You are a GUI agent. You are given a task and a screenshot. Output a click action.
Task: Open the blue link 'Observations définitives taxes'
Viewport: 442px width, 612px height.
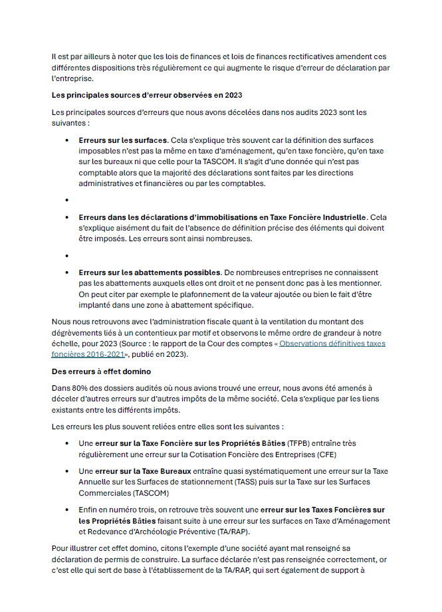tap(332, 344)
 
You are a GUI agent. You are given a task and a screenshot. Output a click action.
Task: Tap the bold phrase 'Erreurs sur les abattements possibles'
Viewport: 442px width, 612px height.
tap(150, 272)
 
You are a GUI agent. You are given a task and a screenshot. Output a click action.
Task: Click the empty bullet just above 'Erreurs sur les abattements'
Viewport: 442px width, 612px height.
tap(66, 255)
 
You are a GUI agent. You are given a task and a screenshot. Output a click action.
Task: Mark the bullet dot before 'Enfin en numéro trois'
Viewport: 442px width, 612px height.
tap(66, 510)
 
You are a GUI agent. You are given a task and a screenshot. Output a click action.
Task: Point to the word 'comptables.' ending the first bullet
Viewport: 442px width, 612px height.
tap(242, 184)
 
